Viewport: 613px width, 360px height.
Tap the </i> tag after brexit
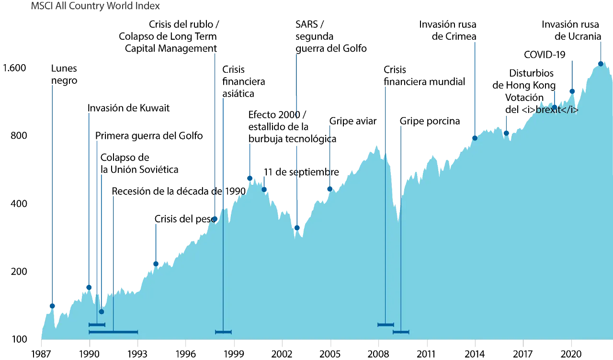[569, 110]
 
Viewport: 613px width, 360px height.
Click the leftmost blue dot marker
[53, 306]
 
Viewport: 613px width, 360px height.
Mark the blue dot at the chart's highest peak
[600, 64]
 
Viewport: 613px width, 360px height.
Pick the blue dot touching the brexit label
[555, 106]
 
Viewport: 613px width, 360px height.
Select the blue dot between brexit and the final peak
[572, 91]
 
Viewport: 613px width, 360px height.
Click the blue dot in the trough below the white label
[297, 228]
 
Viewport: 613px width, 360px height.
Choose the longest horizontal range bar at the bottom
[114, 332]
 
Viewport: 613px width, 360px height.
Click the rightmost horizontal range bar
[401, 332]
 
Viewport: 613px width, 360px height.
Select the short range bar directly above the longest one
[97, 325]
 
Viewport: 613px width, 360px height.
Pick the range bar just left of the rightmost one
[386, 325]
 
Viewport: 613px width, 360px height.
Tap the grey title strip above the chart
[96, 7]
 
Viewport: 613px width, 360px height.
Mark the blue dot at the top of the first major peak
[250, 178]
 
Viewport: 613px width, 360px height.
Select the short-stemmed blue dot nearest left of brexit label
[506, 133]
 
